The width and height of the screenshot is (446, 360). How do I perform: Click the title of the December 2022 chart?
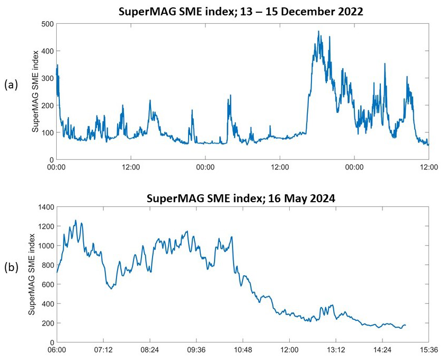(x=240, y=12)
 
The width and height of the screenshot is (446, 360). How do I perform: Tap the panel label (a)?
(x=11, y=84)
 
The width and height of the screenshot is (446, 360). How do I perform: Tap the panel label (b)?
(x=11, y=267)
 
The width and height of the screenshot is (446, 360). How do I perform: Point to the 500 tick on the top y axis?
(x=48, y=24)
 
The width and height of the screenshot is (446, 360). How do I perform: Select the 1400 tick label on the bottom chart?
(x=44, y=206)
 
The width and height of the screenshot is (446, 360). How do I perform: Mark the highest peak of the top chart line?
(x=318, y=31)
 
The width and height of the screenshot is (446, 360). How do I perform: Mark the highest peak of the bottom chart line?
(x=75, y=220)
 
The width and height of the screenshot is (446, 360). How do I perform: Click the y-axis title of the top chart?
(x=35, y=91)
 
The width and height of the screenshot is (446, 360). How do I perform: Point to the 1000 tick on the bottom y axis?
(x=44, y=246)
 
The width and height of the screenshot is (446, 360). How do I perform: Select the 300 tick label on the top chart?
(x=48, y=78)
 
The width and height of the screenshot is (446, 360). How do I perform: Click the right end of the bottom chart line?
(x=406, y=325)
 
